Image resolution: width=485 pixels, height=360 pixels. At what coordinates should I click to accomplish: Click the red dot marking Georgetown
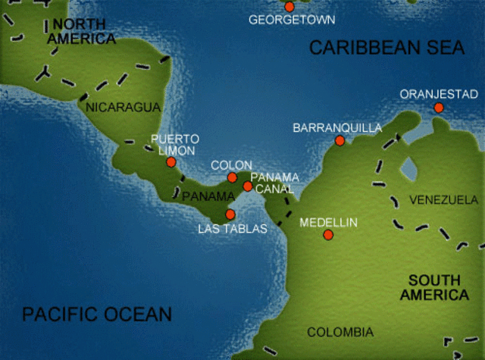pos(289,7)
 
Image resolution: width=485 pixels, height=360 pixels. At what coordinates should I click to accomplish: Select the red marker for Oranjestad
pos(438,108)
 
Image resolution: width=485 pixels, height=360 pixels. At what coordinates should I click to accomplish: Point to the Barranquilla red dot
pos(339,140)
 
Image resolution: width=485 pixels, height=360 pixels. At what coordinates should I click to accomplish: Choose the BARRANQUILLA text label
pos(337,128)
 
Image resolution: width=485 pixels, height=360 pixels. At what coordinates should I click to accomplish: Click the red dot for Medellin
pos(328,235)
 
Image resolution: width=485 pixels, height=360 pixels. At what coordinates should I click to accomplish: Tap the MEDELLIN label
pos(328,223)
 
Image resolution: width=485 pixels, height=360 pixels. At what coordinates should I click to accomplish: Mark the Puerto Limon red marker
pos(171,162)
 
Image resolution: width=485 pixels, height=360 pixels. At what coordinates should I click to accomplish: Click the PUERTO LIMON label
pos(175,145)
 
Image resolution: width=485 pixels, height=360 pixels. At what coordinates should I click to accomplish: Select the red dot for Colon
pos(233,177)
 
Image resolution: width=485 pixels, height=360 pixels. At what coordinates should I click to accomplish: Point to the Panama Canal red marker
pos(247,186)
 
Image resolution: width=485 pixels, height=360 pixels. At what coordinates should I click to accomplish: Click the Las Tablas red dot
pos(230,214)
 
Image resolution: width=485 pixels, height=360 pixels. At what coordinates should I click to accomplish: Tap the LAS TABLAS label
pos(233,228)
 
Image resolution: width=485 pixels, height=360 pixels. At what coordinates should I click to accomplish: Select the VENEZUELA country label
pos(443,200)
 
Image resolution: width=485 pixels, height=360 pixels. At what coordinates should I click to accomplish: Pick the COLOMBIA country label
pos(340,332)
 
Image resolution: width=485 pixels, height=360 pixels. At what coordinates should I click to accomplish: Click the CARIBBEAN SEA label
pos(386,47)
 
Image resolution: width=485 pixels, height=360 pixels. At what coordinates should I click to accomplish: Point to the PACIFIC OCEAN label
pos(97,314)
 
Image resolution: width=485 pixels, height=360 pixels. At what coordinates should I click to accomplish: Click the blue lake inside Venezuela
pos(409,167)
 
